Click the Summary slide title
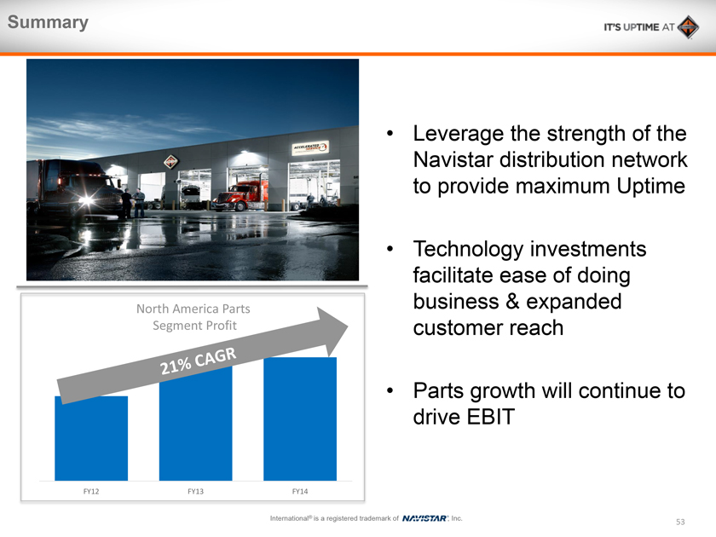pyautogui.click(x=48, y=22)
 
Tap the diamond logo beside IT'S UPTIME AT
pyautogui.click(x=688, y=27)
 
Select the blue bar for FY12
pyautogui.click(x=91, y=438)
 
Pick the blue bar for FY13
pyautogui.click(x=195, y=424)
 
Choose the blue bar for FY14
pyautogui.click(x=300, y=419)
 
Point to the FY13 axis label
pyautogui.click(x=195, y=491)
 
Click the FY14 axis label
pyautogui.click(x=300, y=491)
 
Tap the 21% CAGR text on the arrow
pyautogui.click(x=198, y=361)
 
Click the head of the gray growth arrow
pyautogui.click(x=332, y=331)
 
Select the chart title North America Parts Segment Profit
pyautogui.click(x=193, y=317)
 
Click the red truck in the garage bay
pyautogui.click(x=240, y=196)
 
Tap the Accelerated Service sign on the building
pyautogui.click(x=310, y=147)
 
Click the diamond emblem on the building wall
pyautogui.click(x=170, y=161)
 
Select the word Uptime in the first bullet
pyautogui.click(x=650, y=187)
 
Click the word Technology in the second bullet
pyautogui.click(x=468, y=250)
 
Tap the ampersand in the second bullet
pyautogui.click(x=512, y=302)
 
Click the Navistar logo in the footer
pyautogui.click(x=424, y=518)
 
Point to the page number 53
pyautogui.click(x=680, y=522)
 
